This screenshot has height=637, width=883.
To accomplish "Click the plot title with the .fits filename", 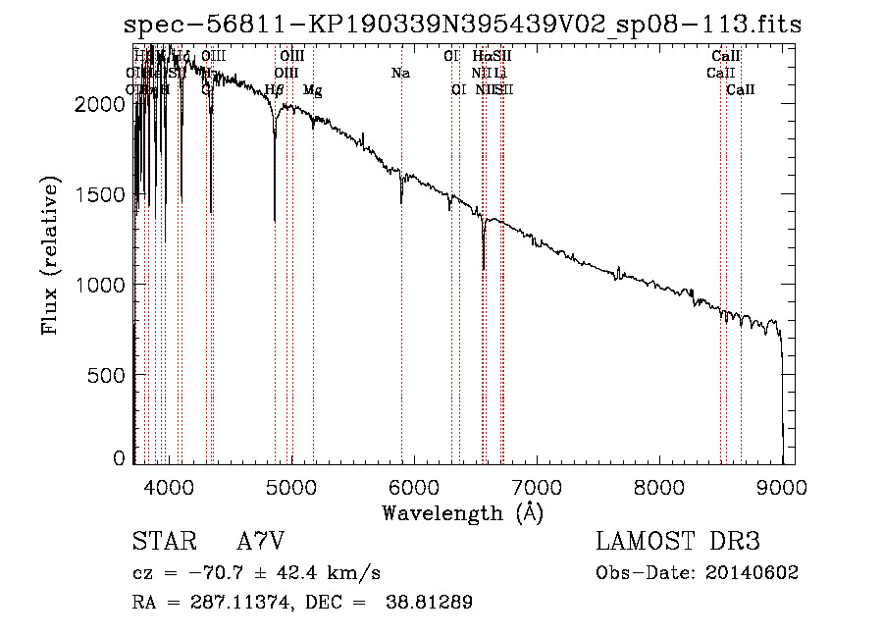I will tap(456, 25).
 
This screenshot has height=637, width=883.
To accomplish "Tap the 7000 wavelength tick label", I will tap(537, 486).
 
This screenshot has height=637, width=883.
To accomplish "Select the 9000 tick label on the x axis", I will tap(782, 486).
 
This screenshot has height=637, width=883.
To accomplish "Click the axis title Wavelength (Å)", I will tap(462, 512).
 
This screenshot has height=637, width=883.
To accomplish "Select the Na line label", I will tap(400, 74).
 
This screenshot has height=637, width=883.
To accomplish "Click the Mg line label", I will tap(312, 90).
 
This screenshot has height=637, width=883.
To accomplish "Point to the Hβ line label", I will tap(275, 90).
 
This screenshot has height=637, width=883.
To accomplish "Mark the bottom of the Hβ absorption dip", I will tap(275, 220).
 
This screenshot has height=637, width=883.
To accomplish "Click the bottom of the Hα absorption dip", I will tap(484, 267).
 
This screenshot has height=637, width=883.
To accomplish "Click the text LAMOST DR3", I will tap(677, 543).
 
